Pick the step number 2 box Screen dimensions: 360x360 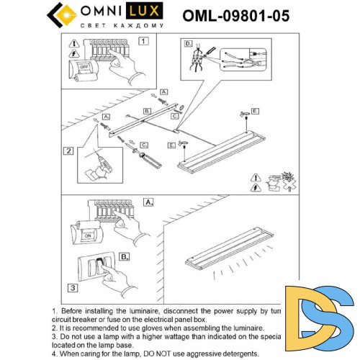coord(68,151)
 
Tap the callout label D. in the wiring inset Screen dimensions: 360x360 coord(189,45)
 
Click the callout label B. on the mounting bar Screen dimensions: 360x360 coord(147,111)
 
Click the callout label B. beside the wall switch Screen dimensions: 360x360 coord(124,256)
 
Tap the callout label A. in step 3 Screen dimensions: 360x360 coord(149,202)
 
